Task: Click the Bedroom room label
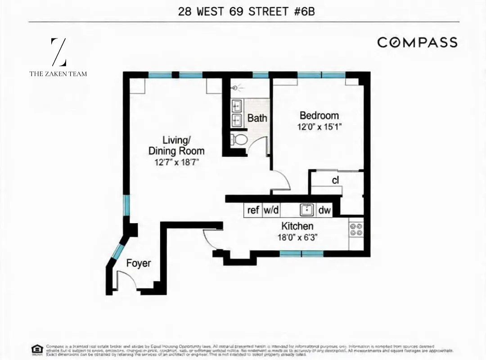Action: point(319,116)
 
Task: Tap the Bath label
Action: point(257,118)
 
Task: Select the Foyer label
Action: point(138,263)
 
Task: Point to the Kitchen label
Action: point(297,226)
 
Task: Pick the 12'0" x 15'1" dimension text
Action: point(319,127)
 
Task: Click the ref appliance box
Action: point(253,210)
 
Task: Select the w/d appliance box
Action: point(271,210)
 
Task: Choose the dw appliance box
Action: point(324,210)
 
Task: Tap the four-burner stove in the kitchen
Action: point(356,229)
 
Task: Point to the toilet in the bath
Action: point(238,139)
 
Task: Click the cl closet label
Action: point(335,180)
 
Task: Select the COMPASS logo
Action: point(417,42)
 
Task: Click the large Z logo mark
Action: point(58,52)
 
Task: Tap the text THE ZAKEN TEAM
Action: point(58,73)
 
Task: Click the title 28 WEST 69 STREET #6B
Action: point(246,11)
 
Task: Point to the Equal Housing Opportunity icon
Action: point(37,349)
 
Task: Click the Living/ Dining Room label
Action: point(176,145)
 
